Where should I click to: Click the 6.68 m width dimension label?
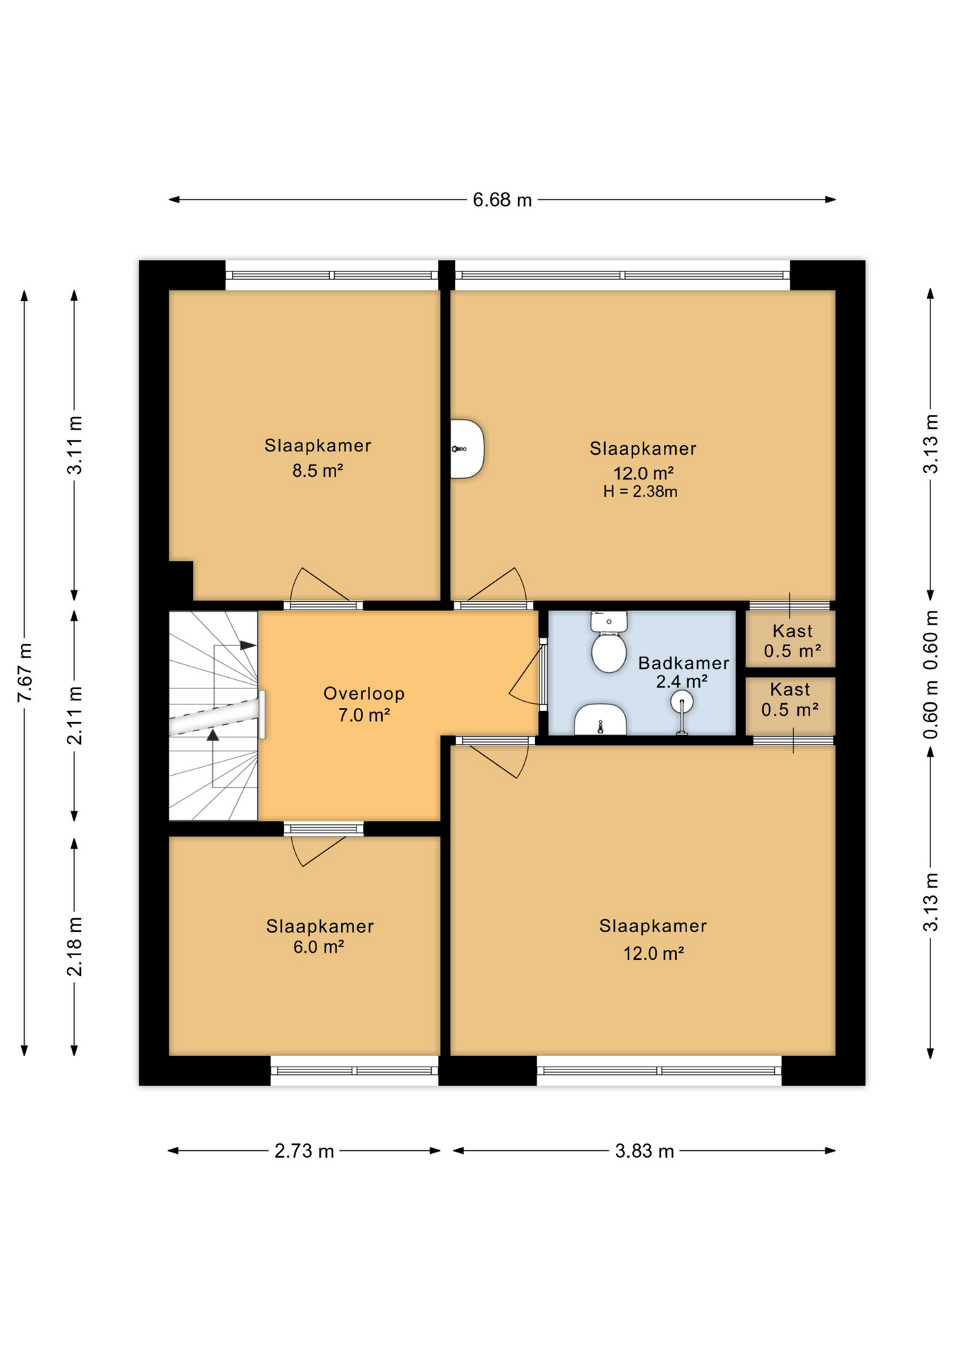501,200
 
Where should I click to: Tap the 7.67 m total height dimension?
25,671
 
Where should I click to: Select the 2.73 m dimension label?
304,1151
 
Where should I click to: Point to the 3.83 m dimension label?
644,1151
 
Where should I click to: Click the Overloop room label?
364,693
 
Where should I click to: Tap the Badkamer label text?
683,663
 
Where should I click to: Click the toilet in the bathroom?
609,643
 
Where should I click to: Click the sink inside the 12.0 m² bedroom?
466,449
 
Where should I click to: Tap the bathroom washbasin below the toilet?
600,720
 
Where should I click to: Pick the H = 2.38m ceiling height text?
640,492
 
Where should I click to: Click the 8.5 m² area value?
318,470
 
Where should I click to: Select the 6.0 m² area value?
319,947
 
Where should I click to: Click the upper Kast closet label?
792,631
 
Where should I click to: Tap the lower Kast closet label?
790,690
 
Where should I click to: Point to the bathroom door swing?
526,675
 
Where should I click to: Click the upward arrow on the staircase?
212,735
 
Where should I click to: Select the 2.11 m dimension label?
75,715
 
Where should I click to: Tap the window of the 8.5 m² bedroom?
331,276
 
